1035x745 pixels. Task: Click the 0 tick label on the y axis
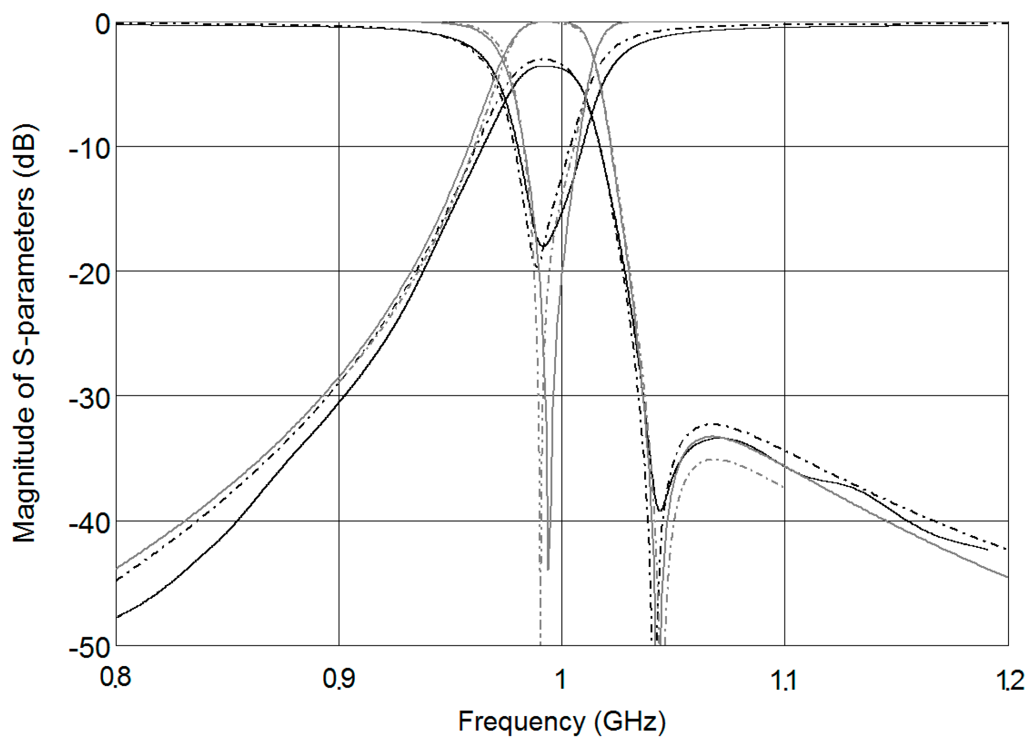102,25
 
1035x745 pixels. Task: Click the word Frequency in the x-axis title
522,721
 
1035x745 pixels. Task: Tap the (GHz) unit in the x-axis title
630,722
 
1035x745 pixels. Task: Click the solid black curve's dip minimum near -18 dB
542,246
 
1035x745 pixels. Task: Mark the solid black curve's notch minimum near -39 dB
661,511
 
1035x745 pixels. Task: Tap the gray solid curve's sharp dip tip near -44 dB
548,569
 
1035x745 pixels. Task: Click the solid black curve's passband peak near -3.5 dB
544,66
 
